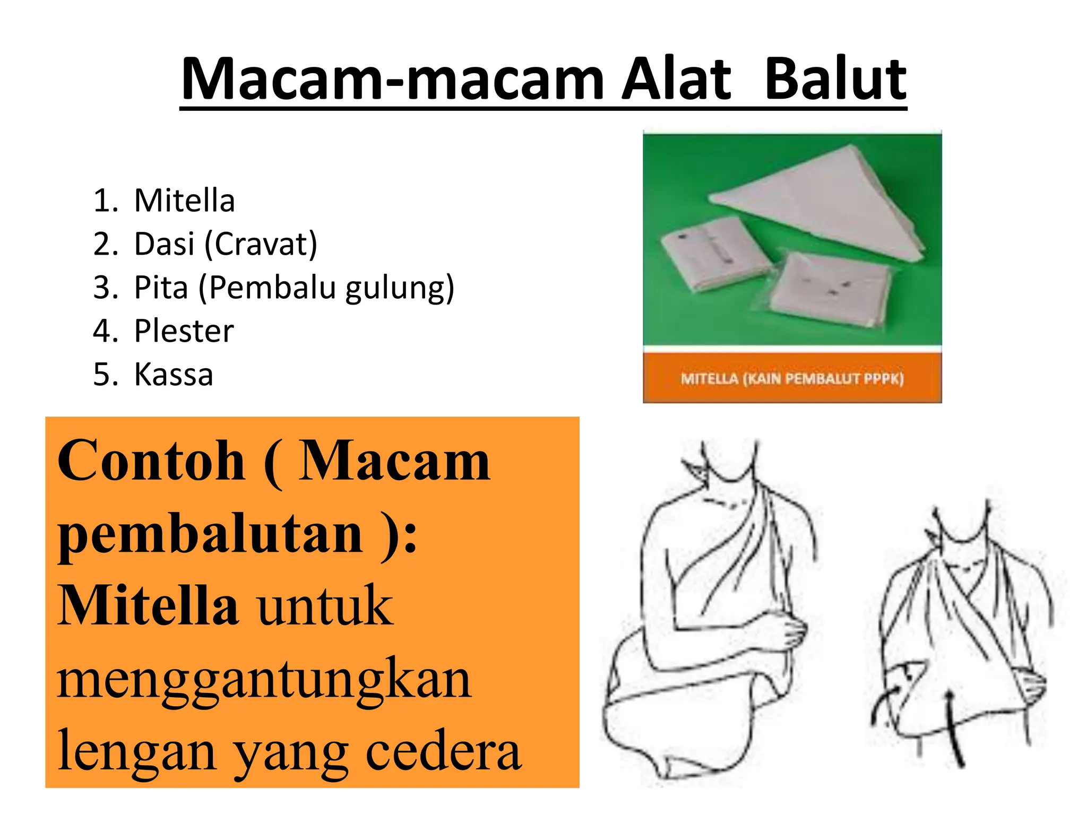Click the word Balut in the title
835,80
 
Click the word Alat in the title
676,80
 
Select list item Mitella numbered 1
184,201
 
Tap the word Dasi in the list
164,244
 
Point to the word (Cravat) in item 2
261,245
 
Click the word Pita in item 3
161,288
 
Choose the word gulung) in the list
400,289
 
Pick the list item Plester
184,331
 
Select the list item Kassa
174,375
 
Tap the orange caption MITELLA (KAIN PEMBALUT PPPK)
792,379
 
